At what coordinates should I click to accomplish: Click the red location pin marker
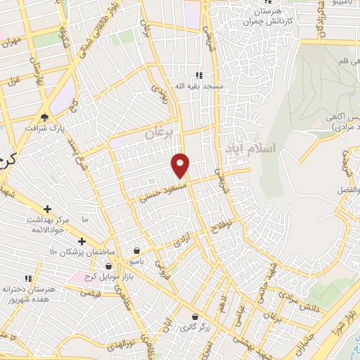[181, 165]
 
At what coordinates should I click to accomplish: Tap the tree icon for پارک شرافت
[45, 117]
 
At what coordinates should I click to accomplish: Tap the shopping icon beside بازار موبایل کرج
[109, 267]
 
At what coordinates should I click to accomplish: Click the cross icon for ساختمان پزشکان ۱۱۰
[82, 242]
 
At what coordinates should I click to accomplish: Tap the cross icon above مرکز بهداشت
[48, 209]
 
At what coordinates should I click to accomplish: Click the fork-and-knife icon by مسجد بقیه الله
[199, 75]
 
